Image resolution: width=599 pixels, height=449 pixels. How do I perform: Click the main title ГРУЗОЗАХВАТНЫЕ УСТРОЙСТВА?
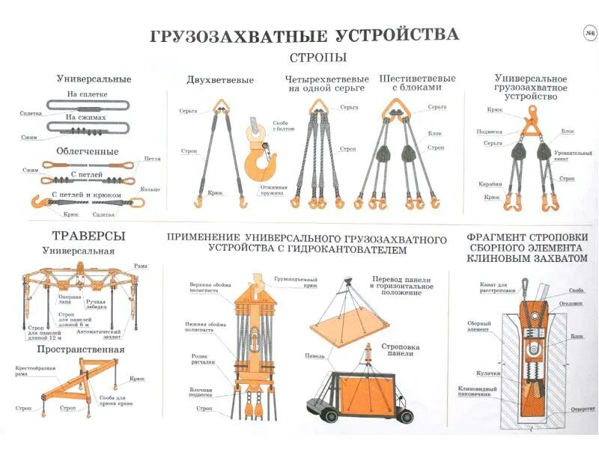pyautogui.click(x=304, y=35)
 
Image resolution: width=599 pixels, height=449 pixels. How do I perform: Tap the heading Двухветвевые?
pyautogui.click(x=220, y=80)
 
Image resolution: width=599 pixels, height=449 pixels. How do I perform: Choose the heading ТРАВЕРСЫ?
pyautogui.click(x=89, y=236)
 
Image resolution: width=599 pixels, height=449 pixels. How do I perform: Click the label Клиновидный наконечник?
pyautogui.click(x=475, y=392)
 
